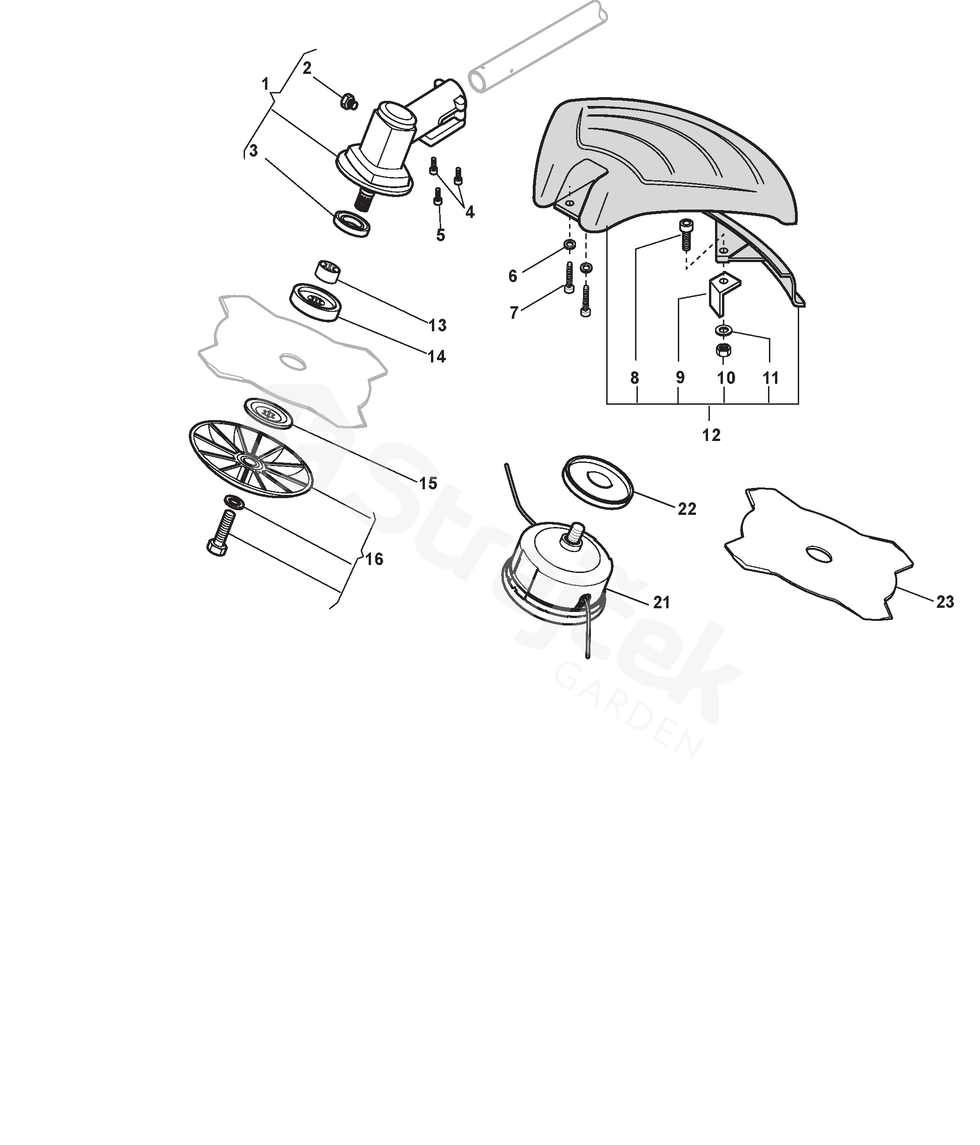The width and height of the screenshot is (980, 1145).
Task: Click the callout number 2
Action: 307,68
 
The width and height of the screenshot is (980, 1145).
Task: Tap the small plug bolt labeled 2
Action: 349,102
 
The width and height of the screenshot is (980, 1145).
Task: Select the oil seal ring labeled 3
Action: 351,223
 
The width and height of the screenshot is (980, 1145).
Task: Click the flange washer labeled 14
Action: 316,302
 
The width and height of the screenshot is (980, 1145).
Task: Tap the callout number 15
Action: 428,484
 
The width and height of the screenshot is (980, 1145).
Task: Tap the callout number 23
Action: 945,602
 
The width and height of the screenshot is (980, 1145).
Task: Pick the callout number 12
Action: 711,435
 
